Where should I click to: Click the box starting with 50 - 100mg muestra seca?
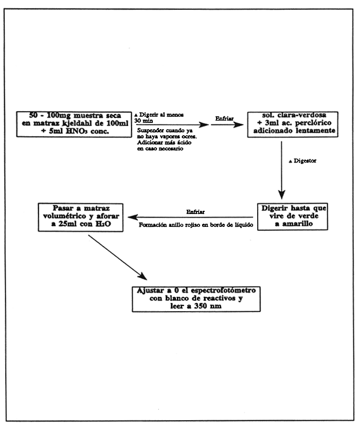(73, 123)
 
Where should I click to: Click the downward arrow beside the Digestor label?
(282, 175)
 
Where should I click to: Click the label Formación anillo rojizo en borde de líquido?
(197, 224)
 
